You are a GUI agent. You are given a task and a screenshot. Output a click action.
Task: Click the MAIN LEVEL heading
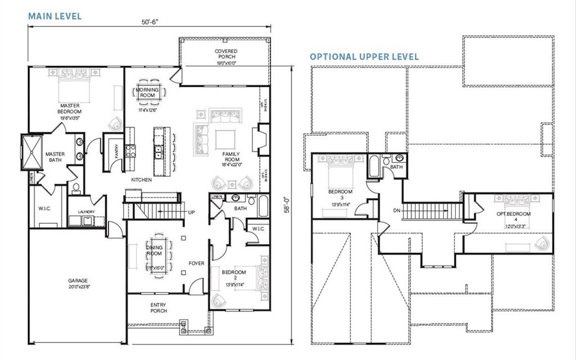pyautogui.click(x=55, y=16)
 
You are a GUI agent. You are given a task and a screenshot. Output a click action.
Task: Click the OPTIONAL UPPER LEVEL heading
pyautogui.click(x=364, y=57)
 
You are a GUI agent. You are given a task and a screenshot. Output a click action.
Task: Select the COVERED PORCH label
pyautogui.click(x=226, y=54)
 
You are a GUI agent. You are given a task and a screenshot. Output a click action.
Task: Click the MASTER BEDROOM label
pyautogui.click(x=70, y=109)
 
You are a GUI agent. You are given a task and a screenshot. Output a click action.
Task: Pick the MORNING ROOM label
pyautogui.click(x=147, y=93)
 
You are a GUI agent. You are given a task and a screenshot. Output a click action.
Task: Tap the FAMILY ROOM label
pyautogui.click(x=232, y=156)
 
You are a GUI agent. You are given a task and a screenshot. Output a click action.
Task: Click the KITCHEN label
pyautogui.click(x=141, y=179)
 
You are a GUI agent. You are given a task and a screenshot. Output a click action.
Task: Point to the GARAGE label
pyautogui.click(x=78, y=281)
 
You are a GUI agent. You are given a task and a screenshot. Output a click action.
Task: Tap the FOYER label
pyautogui.click(x=196, y=263)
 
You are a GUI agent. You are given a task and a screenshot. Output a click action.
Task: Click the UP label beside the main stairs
pyautogui.click(x=191, y=213)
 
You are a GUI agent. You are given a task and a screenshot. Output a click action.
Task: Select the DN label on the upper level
pyautogui.click(x=397, y=211)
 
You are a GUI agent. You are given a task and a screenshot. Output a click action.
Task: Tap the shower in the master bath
pyautogui.click(x=31, y=152)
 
